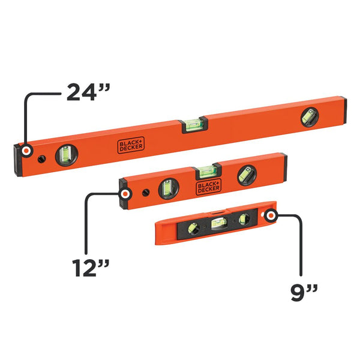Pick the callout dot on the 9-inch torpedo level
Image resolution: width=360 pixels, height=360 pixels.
pos(272,215)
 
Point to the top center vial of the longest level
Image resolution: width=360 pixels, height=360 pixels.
pos(193,125)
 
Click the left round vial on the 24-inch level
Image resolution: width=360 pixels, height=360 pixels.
pos(65,156)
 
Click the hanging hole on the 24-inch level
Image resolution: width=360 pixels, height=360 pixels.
pos(41,159)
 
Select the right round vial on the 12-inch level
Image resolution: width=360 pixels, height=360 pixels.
pos(245,175)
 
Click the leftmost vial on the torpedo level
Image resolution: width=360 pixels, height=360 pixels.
pos(193,229)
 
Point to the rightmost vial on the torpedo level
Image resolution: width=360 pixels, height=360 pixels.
pos(243,220)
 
